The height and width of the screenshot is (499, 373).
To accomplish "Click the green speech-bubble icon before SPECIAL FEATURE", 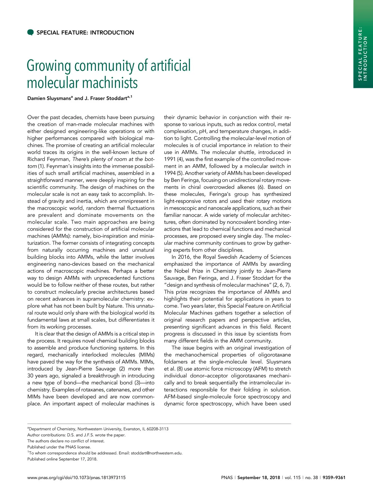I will pyautogui.click(x=30, y=33).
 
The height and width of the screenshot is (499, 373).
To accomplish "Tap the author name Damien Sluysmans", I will pyautogui.click(x=49, y=98).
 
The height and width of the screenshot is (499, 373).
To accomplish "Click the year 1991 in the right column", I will pyautogui.click(x=170, y=159).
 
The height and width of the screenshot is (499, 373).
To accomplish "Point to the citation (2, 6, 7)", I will pyautogui.click(x=282, y=285).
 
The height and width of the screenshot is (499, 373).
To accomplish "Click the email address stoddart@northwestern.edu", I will pyautogui.click(x=156, y=453).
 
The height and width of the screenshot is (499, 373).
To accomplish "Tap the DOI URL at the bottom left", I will pyautogui.click(x=76, y=478).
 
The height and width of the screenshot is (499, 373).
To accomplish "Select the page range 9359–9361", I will pyautogui.click(x=334, y=478).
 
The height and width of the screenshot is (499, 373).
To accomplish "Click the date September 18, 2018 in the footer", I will pyautogui.click(x=259, y=478).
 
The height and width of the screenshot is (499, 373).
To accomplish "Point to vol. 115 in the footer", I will pyautogui.click(x=293, y=478).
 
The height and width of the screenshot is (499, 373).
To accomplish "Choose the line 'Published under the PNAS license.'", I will pyautogui.click(x=59, y=447).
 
